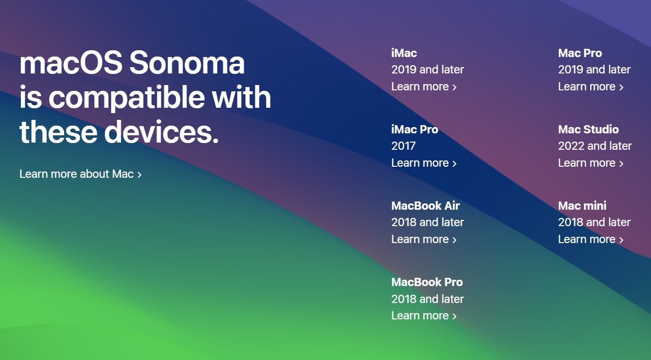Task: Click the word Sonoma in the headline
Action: (186, 63)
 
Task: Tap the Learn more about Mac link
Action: (81, 174)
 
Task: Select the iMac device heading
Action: (404, 53)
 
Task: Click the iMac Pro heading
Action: (414, 130)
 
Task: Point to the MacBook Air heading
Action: (425, 205)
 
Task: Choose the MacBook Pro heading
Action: (427, 282)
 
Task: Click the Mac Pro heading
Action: (580, 53)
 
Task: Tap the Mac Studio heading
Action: (588, 130)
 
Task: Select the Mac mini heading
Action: (582, 205)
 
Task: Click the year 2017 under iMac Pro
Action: (403, 145)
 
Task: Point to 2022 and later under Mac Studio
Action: (595, 145)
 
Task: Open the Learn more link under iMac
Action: (424, 86)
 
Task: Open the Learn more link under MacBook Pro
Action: (424, 316)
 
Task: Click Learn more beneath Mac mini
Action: (591, 239)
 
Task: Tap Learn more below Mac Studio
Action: (591, 163)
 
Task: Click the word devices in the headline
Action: (161, 131)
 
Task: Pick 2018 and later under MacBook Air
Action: (427, 222)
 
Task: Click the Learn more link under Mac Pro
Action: (591, 86)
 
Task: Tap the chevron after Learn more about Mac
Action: (140, 174)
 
